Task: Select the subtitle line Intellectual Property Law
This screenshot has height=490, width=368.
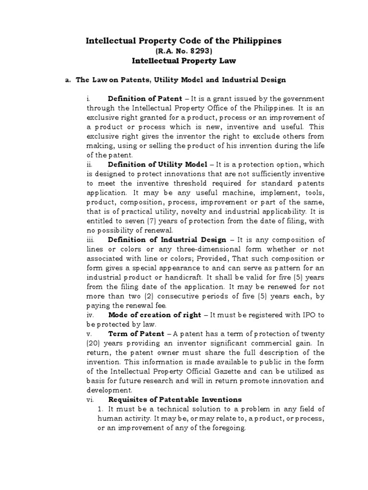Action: click(184, 61)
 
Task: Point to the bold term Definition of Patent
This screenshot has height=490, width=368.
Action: click(145, 99)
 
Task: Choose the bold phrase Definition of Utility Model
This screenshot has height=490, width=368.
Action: click(158, 164)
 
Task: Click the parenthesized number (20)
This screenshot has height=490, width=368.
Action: click(93, 343)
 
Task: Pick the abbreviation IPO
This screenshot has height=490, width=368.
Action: click(298, 315)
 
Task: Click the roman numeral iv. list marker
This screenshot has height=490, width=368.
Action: click(90, 315)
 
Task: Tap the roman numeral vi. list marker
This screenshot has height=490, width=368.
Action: click(90, 399)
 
